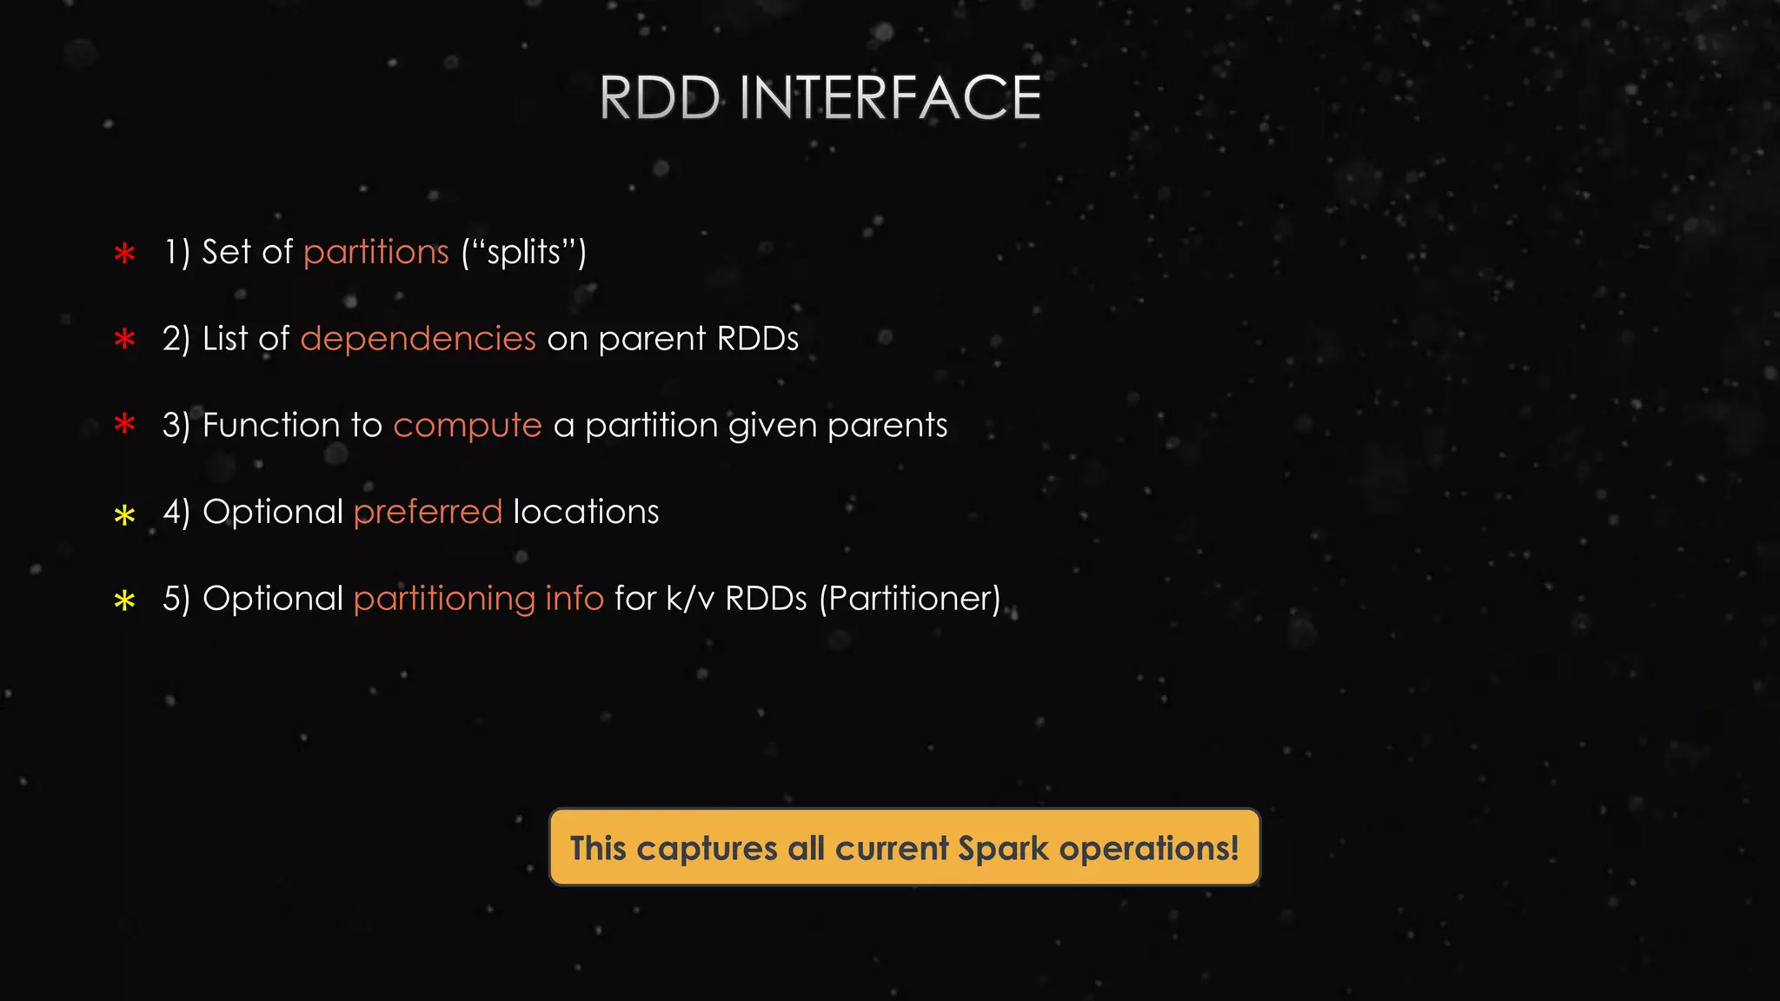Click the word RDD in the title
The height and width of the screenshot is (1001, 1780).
click(x=660, y=97)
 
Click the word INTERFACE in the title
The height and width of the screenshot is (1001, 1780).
click(x=890, y=97)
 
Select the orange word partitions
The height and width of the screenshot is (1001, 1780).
click(x=375, y=253)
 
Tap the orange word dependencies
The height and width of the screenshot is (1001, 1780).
click(x=418, y=339)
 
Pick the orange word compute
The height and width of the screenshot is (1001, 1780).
click(x=468, y=426)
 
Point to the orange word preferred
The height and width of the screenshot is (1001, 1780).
click(x=428, y=512)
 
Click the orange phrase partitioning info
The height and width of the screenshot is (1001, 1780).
click(x=478, y=599)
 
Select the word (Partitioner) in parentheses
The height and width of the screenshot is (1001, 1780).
click(x=910, y=599)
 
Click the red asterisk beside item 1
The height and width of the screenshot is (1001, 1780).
click(x=125, y=254)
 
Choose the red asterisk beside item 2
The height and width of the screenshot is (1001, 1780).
click(x=125, y=340)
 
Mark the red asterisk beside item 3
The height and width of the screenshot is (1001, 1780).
click(x=125, y=425)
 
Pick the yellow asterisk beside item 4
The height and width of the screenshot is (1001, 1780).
click(x=125, y=515)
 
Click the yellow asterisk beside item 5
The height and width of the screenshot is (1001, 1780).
click(x=125, y=600)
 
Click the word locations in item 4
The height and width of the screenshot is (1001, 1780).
click(x=586, y=512)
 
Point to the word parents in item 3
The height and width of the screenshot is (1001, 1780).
click(x=887, y=426)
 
